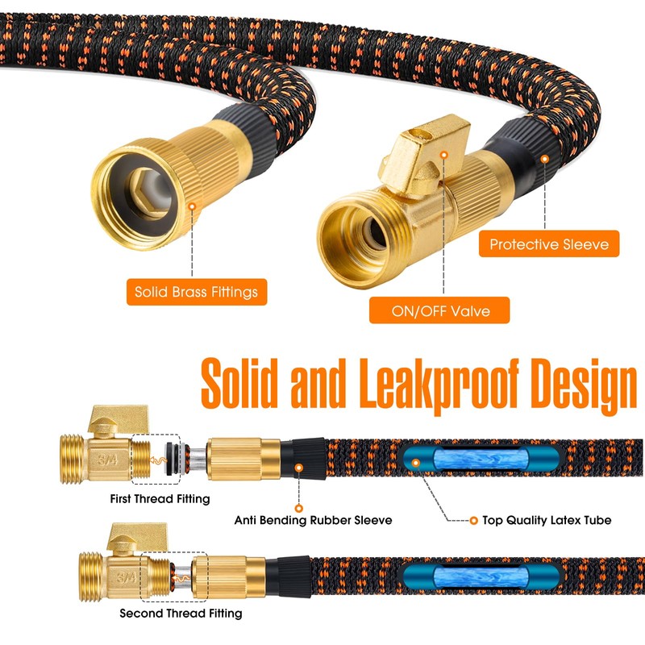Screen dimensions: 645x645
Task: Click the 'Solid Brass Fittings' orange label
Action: (197, 292)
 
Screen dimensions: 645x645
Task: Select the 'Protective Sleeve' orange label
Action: (549, 243)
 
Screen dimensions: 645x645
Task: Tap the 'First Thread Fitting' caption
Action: (160, 499)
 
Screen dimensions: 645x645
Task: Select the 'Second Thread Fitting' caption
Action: (181, 614)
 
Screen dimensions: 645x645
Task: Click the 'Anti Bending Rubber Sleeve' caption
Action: (313, 521)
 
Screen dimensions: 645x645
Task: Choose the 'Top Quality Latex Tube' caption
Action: (547, 521)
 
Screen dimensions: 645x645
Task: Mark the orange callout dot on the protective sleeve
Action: (545, 160)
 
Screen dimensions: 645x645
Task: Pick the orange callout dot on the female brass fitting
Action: (193, 207)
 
